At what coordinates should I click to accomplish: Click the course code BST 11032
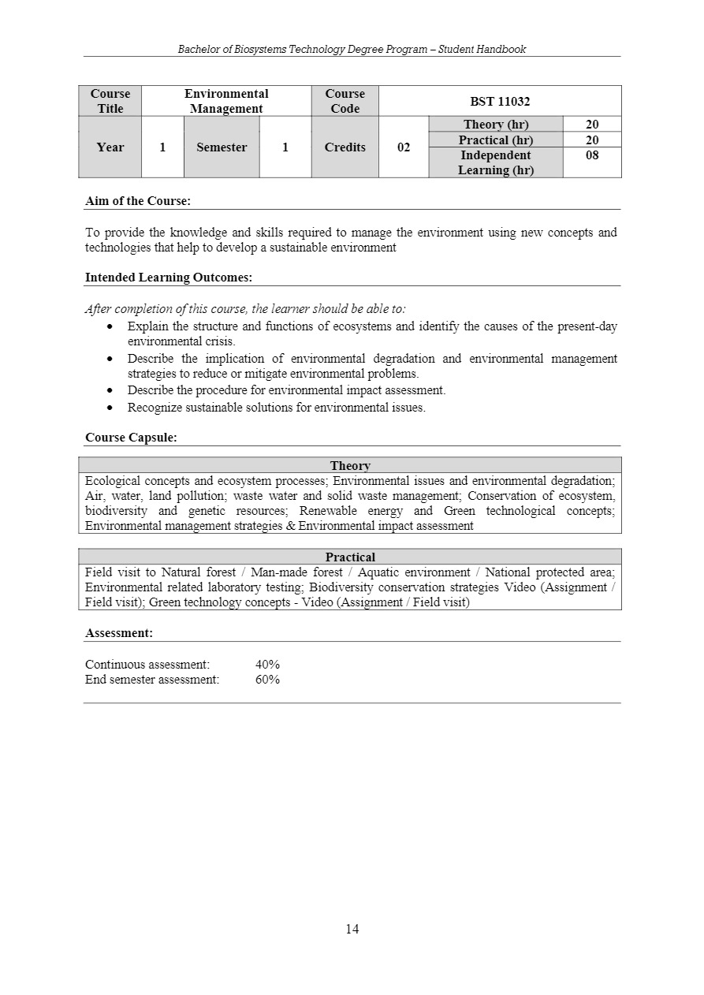tap(500, 101)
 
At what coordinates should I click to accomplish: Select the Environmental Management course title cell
tap(226, 101)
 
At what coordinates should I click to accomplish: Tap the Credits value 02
tap(404, 147)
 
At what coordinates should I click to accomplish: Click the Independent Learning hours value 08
tap(592, 155)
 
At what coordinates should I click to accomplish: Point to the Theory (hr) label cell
tap(496, 125)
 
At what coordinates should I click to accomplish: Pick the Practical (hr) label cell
tap(496, 140)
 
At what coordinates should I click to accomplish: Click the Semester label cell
tap(222, 147)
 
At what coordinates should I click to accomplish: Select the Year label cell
tap(110, 147)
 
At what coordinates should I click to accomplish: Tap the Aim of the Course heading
tap(138, 201)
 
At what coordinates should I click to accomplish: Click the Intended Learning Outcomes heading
tap(169, 278)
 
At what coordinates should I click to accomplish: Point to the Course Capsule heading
tap(131, 438)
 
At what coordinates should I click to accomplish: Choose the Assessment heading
tap(119, 633)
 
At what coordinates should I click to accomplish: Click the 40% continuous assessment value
tap(267, 665)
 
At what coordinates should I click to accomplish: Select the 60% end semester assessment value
tap(267, 680)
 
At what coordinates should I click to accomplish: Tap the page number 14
tap(352, 930)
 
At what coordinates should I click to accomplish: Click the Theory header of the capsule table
tap(350, 466)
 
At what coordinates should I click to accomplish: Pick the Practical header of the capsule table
tap(350, 557)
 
